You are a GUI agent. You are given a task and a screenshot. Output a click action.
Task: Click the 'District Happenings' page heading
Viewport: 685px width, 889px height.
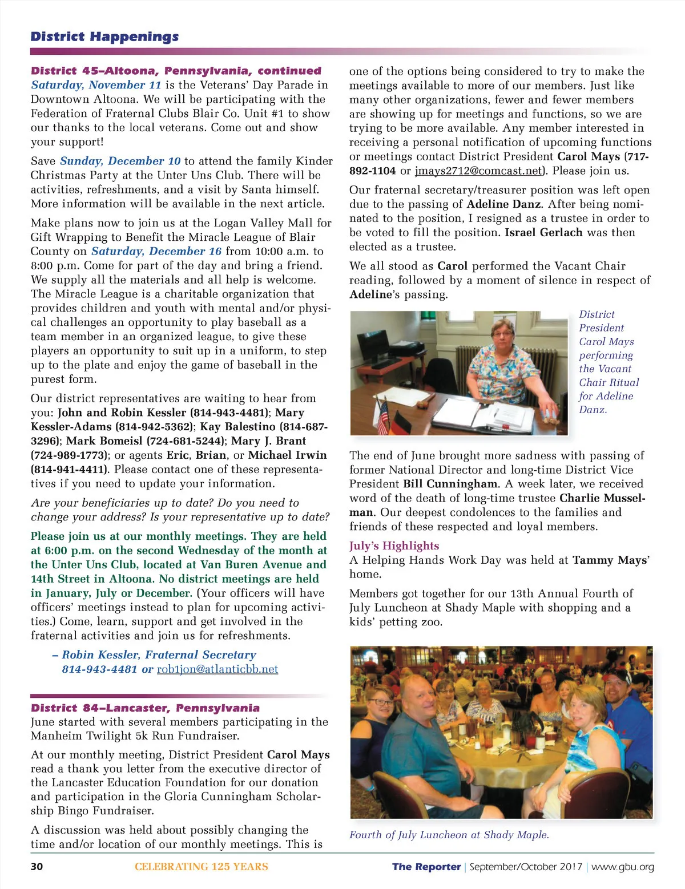tap(104, 37)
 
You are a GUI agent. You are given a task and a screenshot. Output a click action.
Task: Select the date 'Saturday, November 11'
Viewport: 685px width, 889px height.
tap(96, 85)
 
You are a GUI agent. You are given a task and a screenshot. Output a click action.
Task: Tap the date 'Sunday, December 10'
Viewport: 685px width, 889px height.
tap(120, 161)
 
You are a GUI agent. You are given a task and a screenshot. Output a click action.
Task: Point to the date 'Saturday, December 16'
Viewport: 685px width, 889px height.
tap(156, 251)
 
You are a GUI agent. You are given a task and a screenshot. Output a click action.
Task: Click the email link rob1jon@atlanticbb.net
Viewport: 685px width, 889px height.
tap(217, 669)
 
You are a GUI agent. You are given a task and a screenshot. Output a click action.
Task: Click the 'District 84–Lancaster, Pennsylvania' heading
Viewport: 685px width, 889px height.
tap(145, 708)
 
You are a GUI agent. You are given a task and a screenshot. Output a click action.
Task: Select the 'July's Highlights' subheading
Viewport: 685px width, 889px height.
tap(394, 545)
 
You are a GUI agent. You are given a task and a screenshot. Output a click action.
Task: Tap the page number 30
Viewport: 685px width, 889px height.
tap(37, 866)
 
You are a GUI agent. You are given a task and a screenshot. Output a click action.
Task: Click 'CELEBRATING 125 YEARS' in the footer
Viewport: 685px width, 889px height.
tap(201, 866)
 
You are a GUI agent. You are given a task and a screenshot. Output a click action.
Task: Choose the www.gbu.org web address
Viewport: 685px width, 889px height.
tap(623, 867)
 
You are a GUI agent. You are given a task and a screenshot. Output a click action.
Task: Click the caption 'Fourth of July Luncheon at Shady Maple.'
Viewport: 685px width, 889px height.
tap(449, 835)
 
